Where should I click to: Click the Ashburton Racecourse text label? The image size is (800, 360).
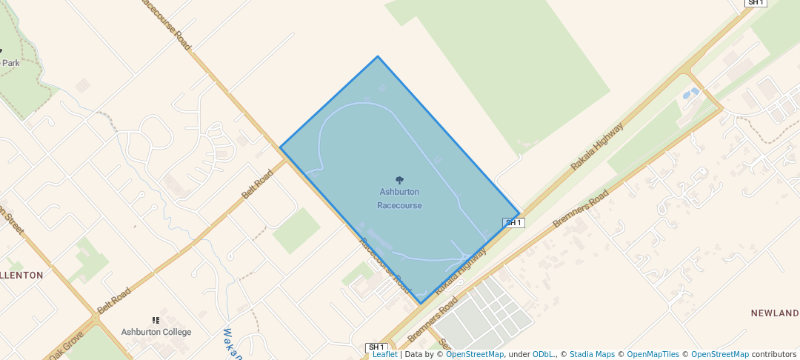tap(399, 199)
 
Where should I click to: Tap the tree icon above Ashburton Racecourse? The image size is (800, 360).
tap(399, 180)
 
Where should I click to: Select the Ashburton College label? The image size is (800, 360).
tap(156, 332)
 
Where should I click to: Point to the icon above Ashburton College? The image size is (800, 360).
tap(156, 320)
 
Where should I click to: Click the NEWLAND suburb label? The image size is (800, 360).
tap(775, 313)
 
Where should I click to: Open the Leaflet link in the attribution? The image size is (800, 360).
tap(384, 354)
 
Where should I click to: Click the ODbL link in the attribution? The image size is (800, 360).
tap(542, 354)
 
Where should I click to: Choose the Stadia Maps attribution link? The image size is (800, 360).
tap(591, 354)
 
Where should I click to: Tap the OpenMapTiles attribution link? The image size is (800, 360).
tap(650, 354)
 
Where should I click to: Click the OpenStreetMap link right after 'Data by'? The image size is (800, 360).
tap(475, 354)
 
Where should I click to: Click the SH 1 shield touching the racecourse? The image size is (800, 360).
tap(513, 222)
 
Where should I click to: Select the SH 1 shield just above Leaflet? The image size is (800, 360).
tap(377, 347)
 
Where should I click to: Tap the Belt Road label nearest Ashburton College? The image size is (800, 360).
tap(113, 300)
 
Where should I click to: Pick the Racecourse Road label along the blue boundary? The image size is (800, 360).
tap(384, 264)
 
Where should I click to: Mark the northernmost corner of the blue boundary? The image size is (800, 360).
tap(378, 56)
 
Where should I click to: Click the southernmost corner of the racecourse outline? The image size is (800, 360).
tap(421, 304)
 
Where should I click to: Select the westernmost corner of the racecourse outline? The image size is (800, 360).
tap(280, 147)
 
